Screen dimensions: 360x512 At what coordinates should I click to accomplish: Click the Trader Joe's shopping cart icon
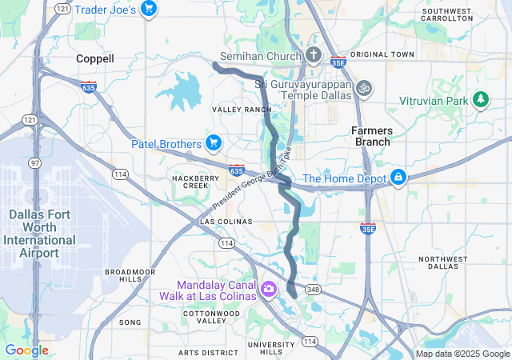[148, 9]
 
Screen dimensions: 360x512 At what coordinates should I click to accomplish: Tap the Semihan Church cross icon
[314, 56]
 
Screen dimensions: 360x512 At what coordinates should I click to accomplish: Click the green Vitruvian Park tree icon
[480, 100]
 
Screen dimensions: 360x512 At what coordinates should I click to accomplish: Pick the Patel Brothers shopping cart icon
[213, 144]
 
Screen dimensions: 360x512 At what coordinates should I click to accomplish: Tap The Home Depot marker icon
[398, 178]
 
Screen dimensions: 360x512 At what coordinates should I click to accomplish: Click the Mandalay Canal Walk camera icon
[269, 289]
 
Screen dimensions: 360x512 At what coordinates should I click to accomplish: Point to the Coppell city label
[95, 58]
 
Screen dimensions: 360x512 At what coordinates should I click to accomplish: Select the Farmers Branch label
[370, 136]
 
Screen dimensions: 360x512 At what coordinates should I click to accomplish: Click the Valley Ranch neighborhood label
[241, 109]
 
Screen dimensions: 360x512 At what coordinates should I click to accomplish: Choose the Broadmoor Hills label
[129, 276]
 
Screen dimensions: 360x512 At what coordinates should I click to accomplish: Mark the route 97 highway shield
[35, 163]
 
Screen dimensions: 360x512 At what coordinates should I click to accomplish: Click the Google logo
[26, 350]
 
